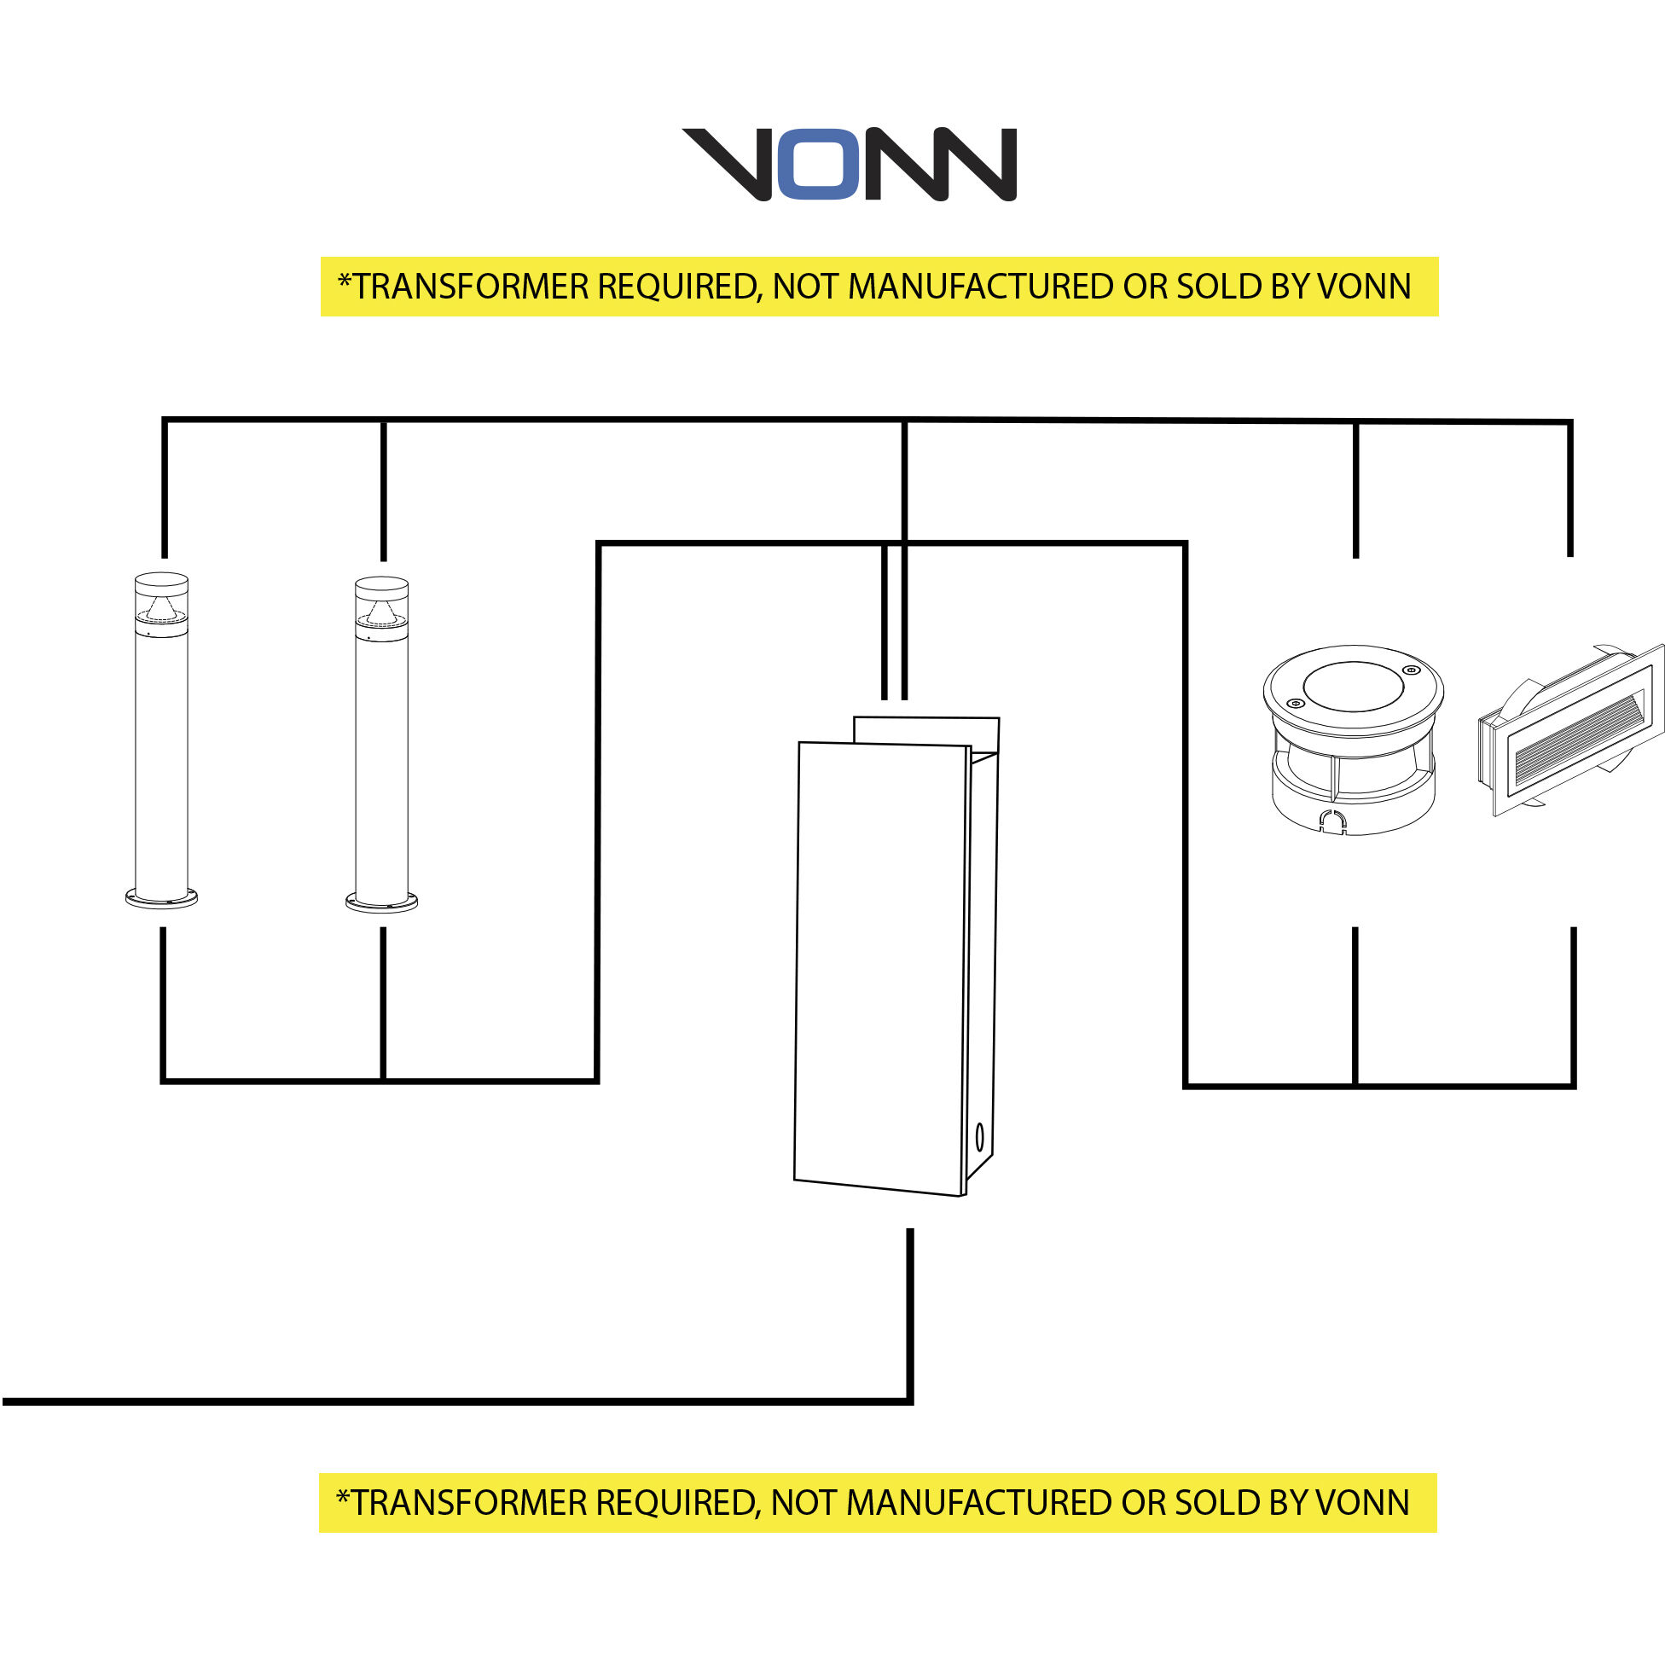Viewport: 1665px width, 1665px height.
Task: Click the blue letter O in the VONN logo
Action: pos(819,164)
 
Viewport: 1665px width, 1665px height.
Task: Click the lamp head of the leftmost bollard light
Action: pos(161,601)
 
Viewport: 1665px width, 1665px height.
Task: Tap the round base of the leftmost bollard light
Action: pos(161,899)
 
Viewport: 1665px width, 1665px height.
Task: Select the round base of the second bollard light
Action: pos(382,902)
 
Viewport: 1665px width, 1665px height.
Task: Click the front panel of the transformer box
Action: pos(879,966)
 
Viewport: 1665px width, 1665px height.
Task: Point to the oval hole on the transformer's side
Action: pos(980,1139)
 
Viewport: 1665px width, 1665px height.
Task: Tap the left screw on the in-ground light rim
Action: pos(1294,703)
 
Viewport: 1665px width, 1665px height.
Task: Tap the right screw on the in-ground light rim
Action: pos(1410,670)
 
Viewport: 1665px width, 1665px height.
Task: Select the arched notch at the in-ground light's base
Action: pos(1333,821)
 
